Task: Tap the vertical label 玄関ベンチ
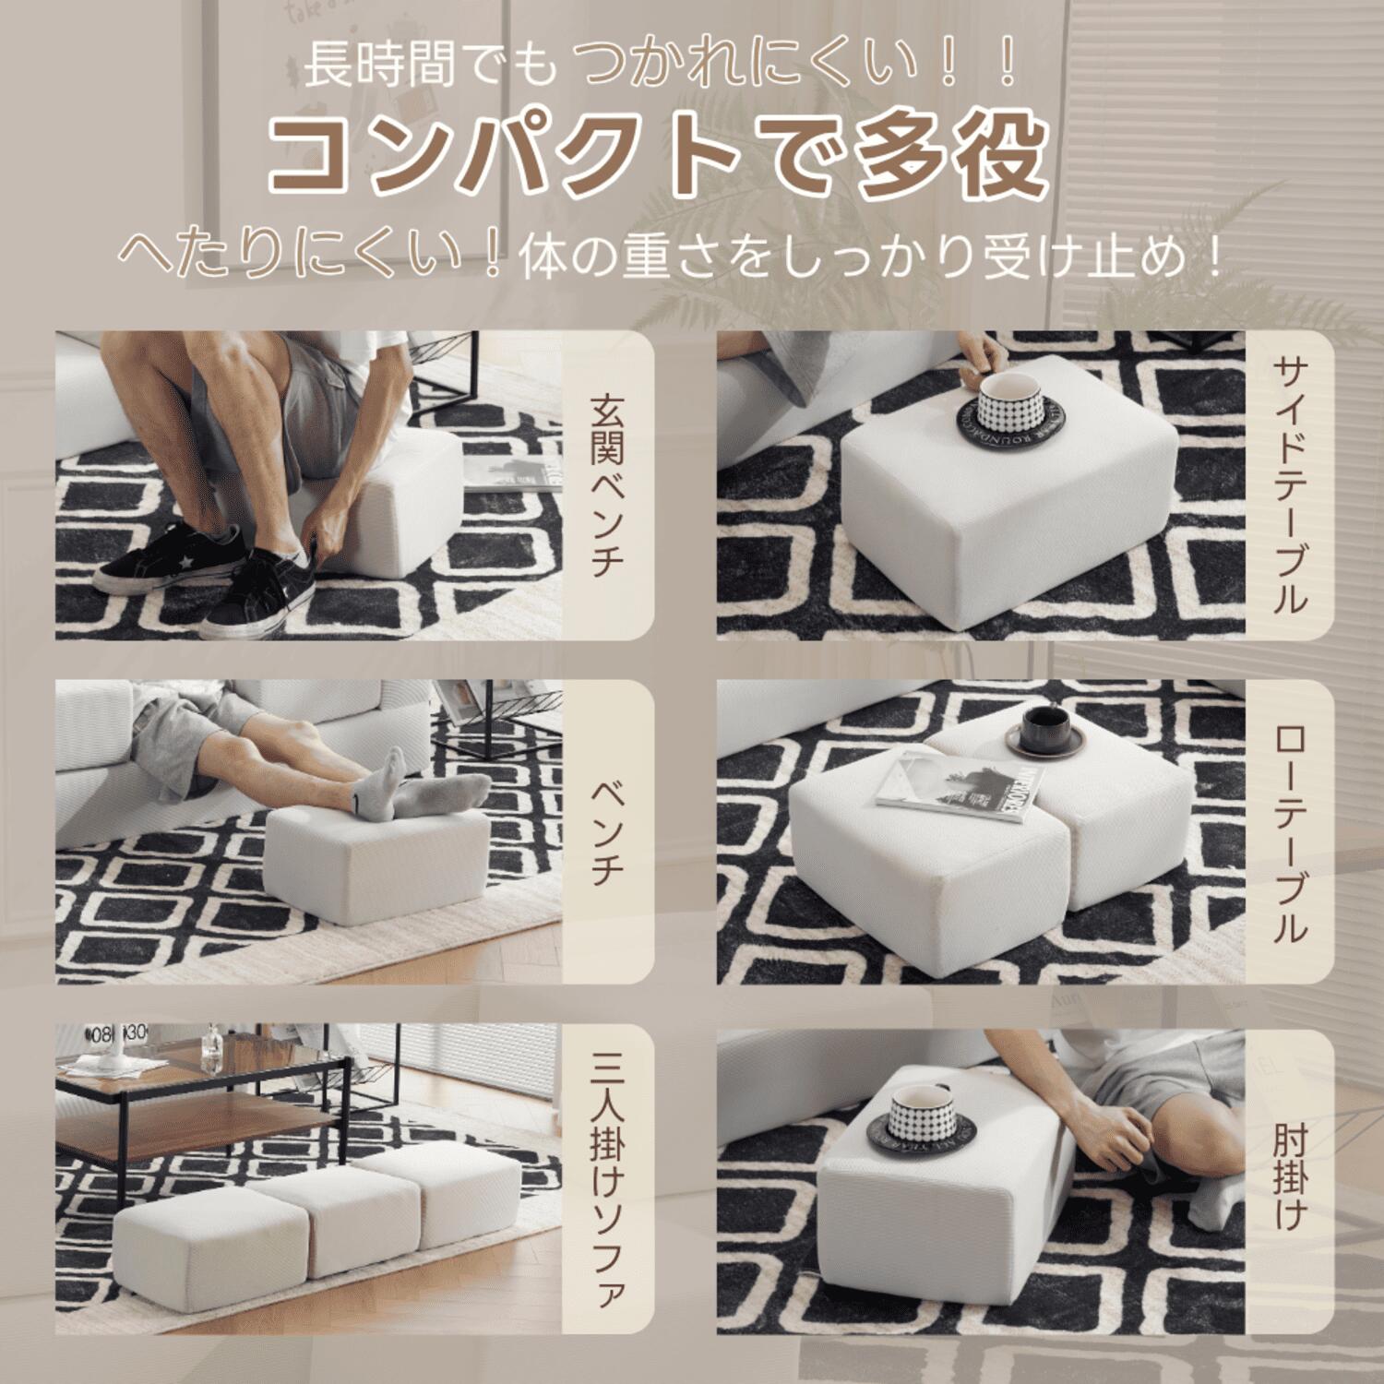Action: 608,485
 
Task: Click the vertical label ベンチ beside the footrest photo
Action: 608,832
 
